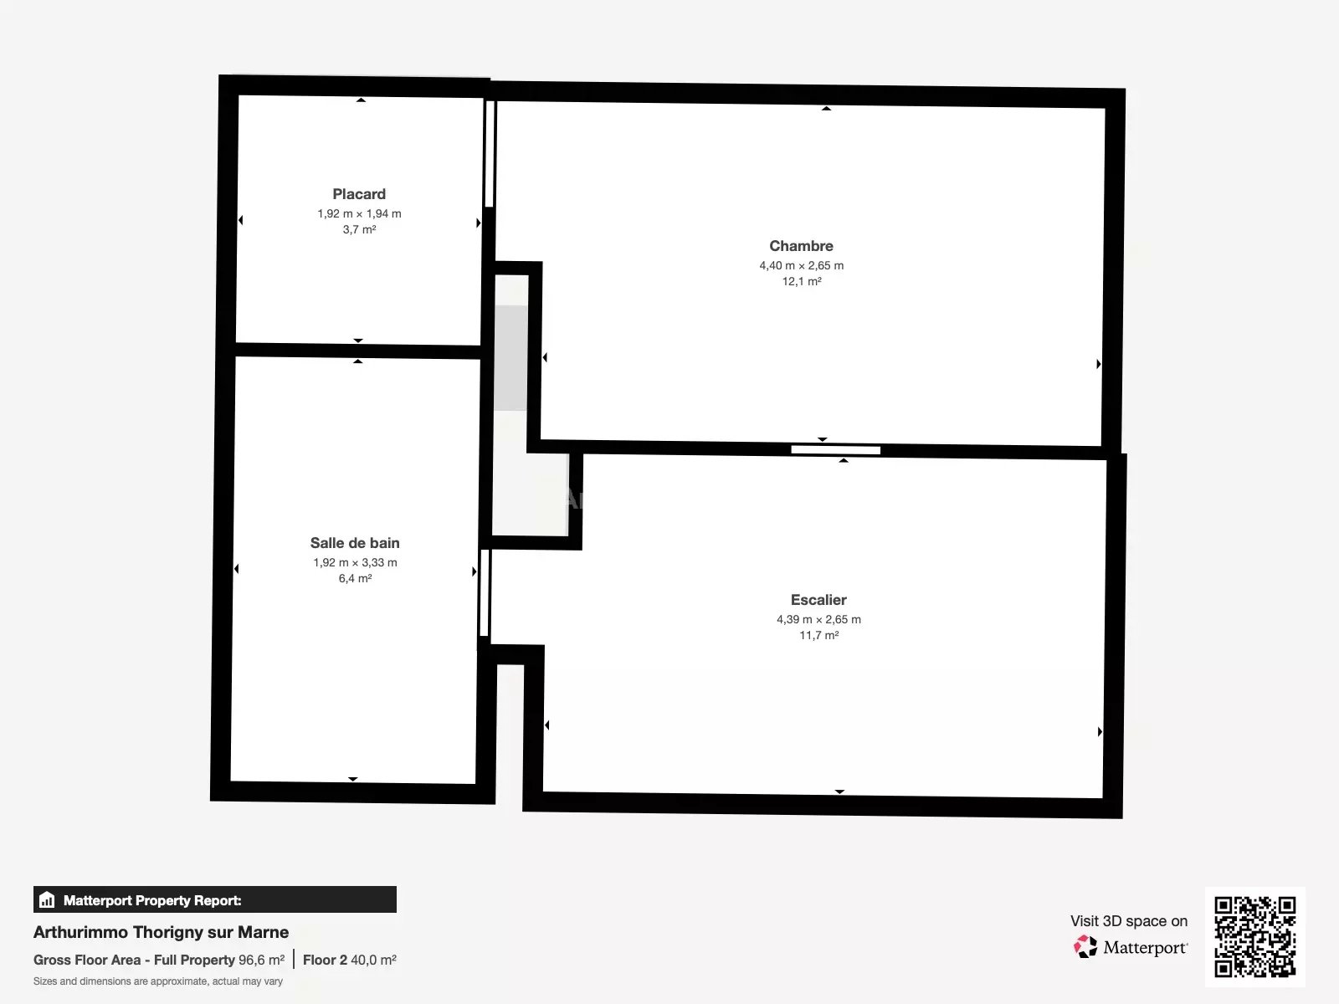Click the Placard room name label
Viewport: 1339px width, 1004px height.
tap(359, 194)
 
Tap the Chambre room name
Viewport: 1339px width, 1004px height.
tap(801, 246)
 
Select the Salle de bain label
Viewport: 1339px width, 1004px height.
tap(355, 542)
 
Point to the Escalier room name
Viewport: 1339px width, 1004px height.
tap(818, 600)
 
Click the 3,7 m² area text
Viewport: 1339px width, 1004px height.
tap(359, 229)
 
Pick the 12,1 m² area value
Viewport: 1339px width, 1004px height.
tap(802, 281)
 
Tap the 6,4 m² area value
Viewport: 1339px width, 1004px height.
tap(355, 578)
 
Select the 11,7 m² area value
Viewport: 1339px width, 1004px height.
tap(818, 635)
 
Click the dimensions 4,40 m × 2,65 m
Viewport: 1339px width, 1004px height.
tap(801, 265)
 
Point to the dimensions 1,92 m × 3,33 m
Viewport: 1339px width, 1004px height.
tap(355, 562)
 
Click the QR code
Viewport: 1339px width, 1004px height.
tap(1254, 937)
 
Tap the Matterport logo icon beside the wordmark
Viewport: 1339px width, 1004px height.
tap(1085, 947)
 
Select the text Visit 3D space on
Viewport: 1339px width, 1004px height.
tap(1129, 921)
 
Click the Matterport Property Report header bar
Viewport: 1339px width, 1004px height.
tap(215, 899)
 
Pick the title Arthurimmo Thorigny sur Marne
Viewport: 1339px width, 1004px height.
tap(161, 932)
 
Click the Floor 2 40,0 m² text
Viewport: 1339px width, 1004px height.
tap(350, 960)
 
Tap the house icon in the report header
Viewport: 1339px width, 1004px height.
tap(47, 899)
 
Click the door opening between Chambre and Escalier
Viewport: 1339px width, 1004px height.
tap(836, 450)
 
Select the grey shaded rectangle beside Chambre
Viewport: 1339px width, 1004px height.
tap(510, 358)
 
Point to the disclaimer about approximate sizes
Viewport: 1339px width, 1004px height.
tap(158, 981)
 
